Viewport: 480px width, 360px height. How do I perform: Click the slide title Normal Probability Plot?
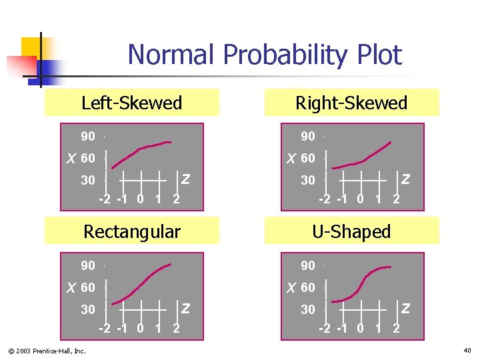pos(265,55)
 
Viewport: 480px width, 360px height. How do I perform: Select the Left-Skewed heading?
pos(131,103)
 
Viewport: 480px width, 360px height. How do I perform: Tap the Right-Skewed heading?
pos(351,103)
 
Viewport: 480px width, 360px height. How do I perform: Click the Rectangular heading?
pos(131,232)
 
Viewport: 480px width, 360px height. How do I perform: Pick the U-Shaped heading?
pos(351,232)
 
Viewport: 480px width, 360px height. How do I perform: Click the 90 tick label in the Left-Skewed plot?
pos(88,137)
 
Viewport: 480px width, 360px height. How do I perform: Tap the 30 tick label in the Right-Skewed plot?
pos(308,180)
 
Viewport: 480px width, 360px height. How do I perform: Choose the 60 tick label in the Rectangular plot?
pos(88,288)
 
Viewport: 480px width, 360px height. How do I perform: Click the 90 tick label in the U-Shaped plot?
pos(308,266)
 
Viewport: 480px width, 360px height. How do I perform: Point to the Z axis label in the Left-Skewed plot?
pos(185,179)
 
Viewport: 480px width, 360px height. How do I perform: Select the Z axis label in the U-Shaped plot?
pos(405,308)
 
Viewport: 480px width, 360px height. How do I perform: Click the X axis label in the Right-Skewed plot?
pos(291,159)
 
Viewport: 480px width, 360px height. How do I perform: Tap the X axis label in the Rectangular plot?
pos(71,288)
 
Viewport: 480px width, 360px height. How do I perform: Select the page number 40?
pos(467,350)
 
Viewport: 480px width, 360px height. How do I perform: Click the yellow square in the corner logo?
pos(32,48)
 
